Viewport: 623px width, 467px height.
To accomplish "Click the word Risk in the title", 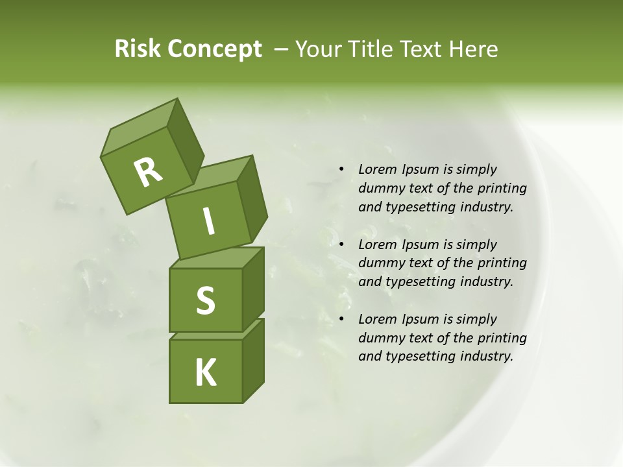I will (138, 49).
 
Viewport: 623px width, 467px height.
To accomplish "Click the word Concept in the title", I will (215, 49).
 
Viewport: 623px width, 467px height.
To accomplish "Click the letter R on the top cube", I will (148, 172).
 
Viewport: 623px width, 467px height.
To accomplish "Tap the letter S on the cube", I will (205, 301).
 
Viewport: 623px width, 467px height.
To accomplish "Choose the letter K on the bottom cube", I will (205, 372).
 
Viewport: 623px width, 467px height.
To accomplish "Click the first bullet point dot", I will (341, 170).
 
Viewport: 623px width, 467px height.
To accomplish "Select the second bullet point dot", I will (341, 245).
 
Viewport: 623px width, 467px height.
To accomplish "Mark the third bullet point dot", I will (341, 319).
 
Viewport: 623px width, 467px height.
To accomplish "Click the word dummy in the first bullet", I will (379, 189).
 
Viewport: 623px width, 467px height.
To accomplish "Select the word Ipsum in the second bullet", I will (419, 245).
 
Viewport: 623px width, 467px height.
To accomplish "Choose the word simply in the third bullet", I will (476, 319).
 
